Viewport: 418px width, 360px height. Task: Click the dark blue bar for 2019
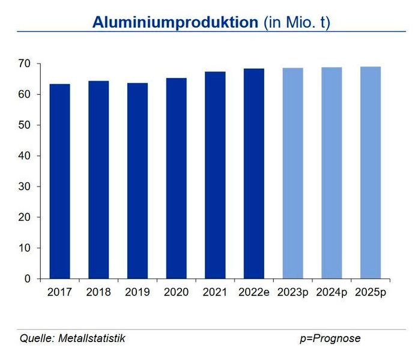pyautogui.click(x=138, y=181)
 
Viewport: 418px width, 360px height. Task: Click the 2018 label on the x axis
pyautogui.click(x=98, y=292)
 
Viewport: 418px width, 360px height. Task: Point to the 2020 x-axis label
pyautogui.click(x=176, y=292)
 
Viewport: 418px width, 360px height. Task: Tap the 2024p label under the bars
pyautogui.click(x=332, y=292)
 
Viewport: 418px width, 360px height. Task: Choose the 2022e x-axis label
pyautogui.click(x=254, y=292)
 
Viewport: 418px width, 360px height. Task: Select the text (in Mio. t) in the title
pyautogui.click(x=297, y=22)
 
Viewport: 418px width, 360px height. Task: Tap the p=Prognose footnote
pyautogui.click(x=330, y=338)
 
